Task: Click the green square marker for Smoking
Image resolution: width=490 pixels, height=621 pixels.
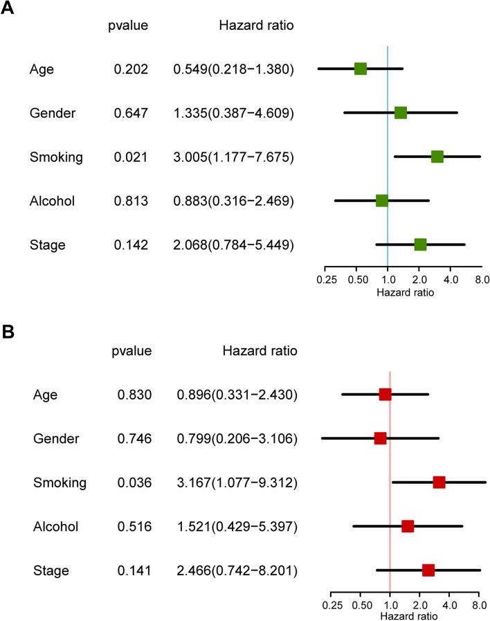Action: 437,156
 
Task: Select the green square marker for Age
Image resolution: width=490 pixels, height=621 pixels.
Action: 360,69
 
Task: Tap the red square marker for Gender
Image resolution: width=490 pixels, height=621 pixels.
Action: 380,438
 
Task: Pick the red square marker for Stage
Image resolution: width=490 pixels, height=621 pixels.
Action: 428,570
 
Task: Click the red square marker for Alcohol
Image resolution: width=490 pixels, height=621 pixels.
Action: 408,526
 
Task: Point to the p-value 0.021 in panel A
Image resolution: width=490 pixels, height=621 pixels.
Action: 131,157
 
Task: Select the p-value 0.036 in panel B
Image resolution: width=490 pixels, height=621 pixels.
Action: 134,483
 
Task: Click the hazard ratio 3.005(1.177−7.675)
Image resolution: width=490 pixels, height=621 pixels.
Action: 235,157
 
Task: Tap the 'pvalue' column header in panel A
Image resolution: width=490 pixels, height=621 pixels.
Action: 128,26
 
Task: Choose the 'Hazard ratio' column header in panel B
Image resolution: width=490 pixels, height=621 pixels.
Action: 260,351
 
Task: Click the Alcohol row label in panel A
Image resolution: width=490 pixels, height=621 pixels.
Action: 52,201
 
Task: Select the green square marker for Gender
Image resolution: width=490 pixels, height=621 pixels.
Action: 400,113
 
